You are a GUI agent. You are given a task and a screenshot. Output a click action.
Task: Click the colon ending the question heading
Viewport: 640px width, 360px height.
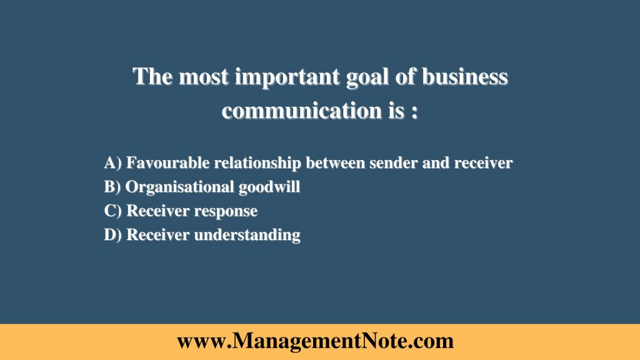pyautogui.click(x=414, y=112)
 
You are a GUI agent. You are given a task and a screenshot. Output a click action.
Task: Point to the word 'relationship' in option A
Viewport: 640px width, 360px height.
pyautogui.click(x=257, y=163)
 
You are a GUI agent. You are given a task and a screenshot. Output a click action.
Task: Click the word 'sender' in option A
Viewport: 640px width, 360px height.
pyautogui.click(x=387, y=163)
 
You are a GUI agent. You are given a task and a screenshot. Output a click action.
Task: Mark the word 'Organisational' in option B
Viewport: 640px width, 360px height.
pyautogui.click(x=181, y=187)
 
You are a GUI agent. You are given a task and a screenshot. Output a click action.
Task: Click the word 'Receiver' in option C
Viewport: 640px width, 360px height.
pyautogui.click(x=158, y=211)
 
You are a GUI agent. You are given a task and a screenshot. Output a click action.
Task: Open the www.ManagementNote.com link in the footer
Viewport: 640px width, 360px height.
pyautogui.click(x=315, y=341)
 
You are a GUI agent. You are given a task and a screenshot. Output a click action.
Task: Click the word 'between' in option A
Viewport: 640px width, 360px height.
pyautogui.click(x=334, y=163)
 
